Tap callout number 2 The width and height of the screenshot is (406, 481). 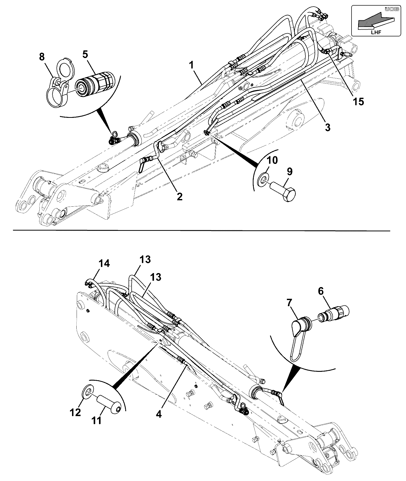[x=179, y=196]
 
